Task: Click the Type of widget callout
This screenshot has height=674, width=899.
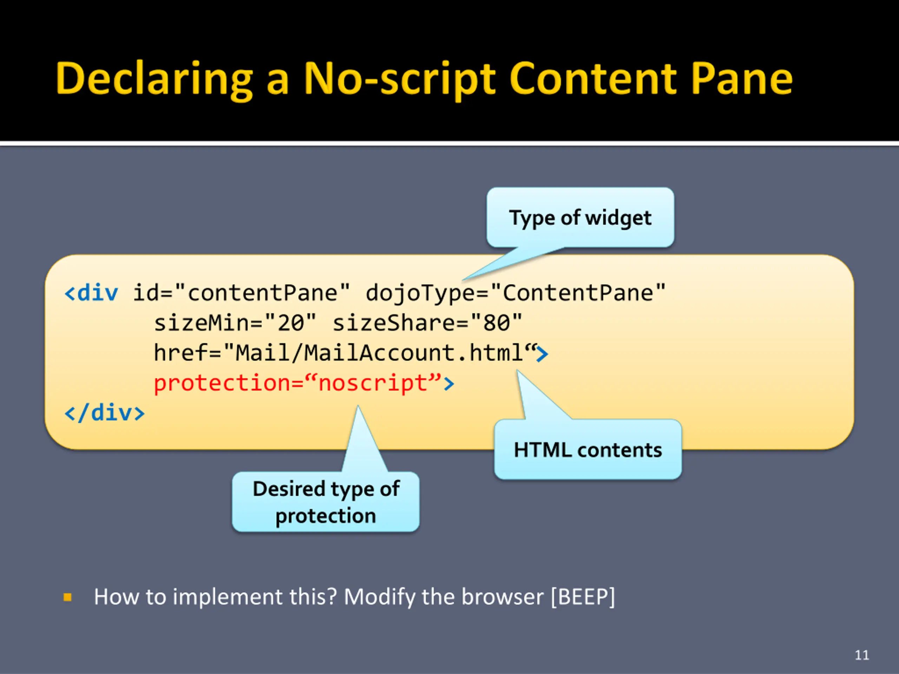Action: click(580, 218)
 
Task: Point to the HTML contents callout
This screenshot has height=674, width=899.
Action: click(588, 450)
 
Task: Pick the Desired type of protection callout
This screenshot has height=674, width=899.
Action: click(326, 502)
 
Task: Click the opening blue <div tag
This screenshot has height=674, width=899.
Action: click(91, 293)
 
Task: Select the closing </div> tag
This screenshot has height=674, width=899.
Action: click(104, 413)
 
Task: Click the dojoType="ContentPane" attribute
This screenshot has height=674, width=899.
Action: click(515, 293)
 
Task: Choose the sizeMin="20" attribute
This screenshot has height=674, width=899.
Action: click(235, 323)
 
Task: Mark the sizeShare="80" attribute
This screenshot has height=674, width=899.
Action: click(427, 323)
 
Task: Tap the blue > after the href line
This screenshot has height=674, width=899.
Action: click(542, 353)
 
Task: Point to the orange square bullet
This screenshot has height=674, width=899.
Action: click(68, 597)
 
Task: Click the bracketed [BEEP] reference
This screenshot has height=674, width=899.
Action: click(583, 597)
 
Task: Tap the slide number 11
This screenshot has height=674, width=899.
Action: click(862, 655)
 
